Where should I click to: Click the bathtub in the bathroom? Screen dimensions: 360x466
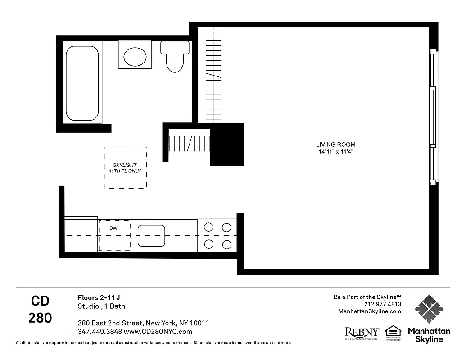coord(82,83)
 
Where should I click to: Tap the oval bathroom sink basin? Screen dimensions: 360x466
coord(135,57)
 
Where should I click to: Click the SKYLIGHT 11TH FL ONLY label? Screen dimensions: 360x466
coord(125,168)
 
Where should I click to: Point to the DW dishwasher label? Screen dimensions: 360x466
coord(113,229)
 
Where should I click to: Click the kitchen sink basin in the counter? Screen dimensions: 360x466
coord(151,236)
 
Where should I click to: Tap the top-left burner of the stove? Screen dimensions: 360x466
coord(208,227)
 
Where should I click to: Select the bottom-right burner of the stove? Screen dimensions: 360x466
coord(226,244)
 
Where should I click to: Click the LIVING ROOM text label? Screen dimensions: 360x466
coord(335,144)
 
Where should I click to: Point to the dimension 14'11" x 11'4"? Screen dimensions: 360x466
coord(335,152)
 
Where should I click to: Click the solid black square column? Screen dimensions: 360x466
coord(227,144)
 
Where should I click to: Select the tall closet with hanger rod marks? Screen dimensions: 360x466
coord(213,75)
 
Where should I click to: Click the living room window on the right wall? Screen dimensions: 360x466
coord(433,117)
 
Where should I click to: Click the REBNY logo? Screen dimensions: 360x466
coord(362,333)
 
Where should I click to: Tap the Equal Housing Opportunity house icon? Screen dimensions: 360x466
coord(393,331)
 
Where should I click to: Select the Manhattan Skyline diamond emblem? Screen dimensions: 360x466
coord(429,309)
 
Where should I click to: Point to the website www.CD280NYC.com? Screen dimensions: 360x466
coord(158,332)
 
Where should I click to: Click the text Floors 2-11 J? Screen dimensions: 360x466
coord(99,297)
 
